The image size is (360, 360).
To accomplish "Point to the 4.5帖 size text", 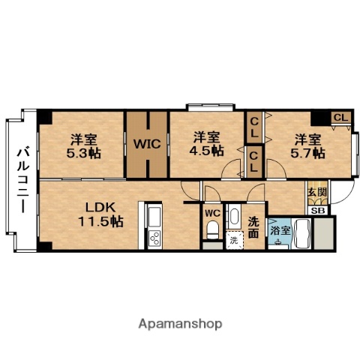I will click(206, 150).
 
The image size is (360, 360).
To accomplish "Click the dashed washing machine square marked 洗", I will click(233, 241).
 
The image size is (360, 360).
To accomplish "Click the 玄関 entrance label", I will click(316, 192).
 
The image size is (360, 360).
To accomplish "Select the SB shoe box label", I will click(317, 209).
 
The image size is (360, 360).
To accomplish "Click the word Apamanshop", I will click(179, 324).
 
